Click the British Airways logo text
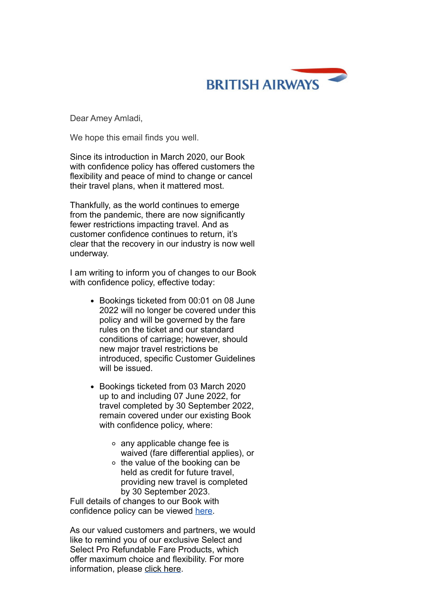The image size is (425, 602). (x=263, y=85)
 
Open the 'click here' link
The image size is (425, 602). (x=162, y=569)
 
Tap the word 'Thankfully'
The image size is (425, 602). (x=89, y=205)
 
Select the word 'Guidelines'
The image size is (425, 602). (x=235, y=359)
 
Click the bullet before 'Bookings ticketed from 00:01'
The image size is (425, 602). (x=92, y=301)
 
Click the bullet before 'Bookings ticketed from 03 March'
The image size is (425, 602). (x=92, y=387)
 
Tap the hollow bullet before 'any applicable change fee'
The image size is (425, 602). (x=114, y=444)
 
